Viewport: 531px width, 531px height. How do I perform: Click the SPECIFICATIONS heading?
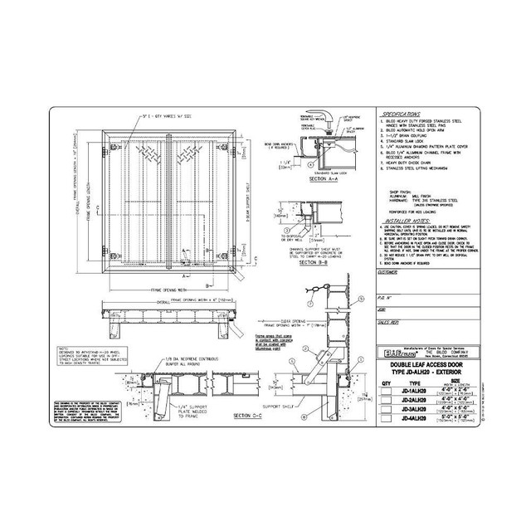tap(402, 114)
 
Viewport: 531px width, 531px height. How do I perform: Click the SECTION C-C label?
tap(253, 414)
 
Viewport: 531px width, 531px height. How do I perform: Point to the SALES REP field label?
tap(388, 319)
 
